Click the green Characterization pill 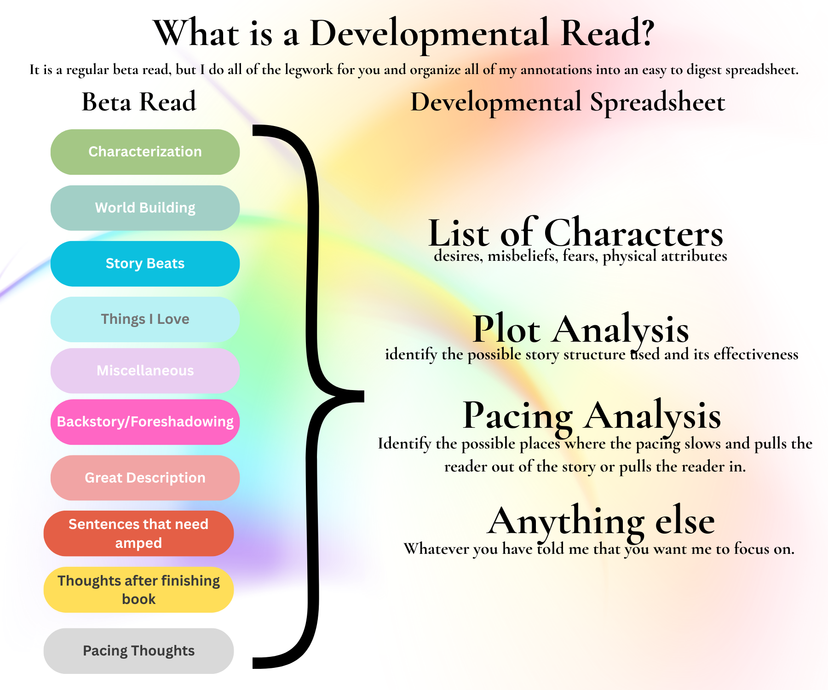click(x=145, y=152)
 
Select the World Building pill click(x=145, y=208)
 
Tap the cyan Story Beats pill click(x=145, y=264)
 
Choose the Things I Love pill click(x=145, y=319)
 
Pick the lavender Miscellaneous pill click(x=145, y=371)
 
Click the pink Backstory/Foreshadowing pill click(x=145, y=422)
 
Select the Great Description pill click(x=145, y=478)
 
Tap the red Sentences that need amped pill click(x=138, y=534)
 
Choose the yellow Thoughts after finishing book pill click(x=138, y=590)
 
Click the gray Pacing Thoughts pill click(x=138, y=651)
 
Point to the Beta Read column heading click(x=139, y=102)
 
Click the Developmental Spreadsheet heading click(x=568, y=102)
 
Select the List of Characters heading click(x=575, y=233)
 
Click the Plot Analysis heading click(x=581, y=329)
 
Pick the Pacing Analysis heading click(x=592, y=415)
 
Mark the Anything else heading click(x=601, y=521)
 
